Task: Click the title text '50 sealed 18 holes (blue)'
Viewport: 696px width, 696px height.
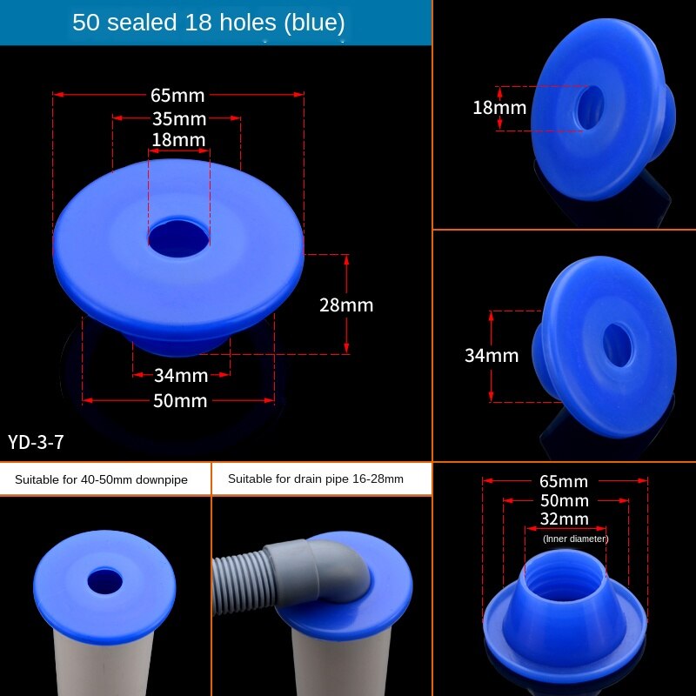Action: coord(209,23)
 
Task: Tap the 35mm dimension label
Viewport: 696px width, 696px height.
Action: coord(178,118)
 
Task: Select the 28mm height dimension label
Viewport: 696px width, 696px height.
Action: coord(346,304)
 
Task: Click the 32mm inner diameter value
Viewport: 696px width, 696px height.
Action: coord(564,519)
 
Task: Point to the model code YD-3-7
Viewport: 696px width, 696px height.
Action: coord(36,442)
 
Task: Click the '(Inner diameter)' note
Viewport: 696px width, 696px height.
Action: coord(575,539)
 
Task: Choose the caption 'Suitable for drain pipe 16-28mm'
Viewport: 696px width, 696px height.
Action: coord(315,478)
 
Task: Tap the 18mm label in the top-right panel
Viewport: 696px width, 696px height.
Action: coord(499,108)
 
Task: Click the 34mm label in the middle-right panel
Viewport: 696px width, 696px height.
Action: coord(492,355)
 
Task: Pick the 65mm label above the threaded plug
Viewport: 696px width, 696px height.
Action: coord(564,481)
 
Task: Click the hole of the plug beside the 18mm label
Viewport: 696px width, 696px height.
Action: coord(591,107)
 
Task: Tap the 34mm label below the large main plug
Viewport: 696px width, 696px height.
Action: coord(180,376)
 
